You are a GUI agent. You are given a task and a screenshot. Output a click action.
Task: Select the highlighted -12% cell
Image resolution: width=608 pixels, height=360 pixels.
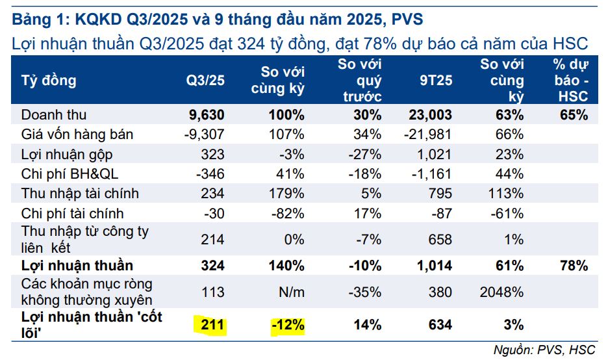coord(286,324)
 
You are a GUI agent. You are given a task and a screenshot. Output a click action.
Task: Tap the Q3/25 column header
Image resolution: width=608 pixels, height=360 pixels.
coord(206,81)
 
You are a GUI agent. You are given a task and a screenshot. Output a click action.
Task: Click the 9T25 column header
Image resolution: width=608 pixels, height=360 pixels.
coord(436,81)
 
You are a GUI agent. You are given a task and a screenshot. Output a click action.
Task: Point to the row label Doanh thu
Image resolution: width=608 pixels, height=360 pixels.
coord(54,115)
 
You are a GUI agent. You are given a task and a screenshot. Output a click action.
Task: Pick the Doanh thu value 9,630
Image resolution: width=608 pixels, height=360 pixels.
coord(206,115)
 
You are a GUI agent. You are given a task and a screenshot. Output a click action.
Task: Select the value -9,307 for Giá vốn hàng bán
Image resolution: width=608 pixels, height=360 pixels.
coord(204,135)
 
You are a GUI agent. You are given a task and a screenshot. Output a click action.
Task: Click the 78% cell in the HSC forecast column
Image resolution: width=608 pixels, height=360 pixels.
coord(571,265)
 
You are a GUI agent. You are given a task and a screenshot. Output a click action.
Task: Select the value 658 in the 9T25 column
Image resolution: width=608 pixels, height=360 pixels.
coord(440,239)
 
